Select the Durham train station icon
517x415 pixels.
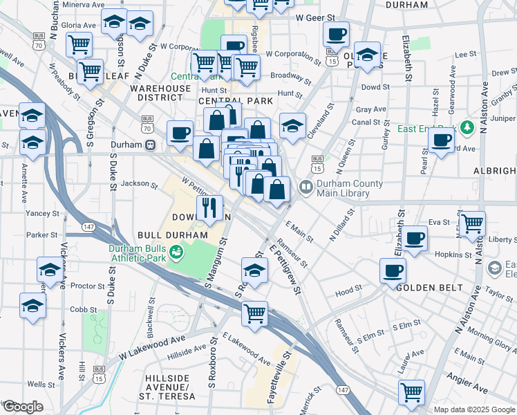149,145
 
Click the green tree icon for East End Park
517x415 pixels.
467,127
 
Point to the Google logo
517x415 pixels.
22,407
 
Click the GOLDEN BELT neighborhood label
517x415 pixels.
423,286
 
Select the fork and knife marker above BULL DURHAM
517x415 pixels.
209,206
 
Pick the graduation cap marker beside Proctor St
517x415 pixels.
50,270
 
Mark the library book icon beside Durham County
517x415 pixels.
305,187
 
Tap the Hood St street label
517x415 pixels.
349,293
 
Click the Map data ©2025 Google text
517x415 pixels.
474,409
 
